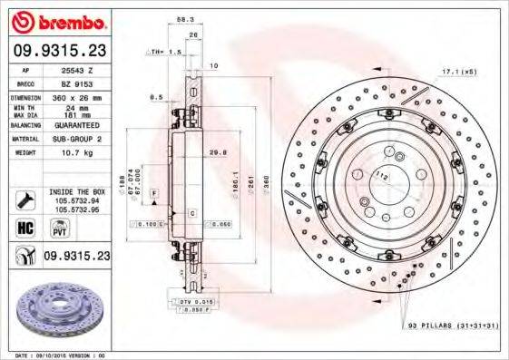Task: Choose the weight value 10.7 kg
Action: point(73,153)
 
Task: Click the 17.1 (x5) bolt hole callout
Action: point(459,70)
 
